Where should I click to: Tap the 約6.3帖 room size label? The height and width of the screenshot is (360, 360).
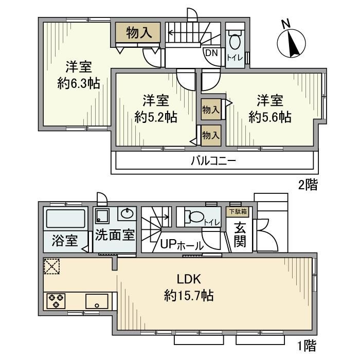(79, 84)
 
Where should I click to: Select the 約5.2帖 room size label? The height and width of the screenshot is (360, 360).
(156, 117)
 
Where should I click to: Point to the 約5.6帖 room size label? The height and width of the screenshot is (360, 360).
(270, 117)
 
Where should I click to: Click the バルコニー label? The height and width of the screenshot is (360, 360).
(213, 160)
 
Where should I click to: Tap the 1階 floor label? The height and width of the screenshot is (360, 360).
(307, 344)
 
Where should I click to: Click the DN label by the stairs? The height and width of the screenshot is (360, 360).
(211, 52)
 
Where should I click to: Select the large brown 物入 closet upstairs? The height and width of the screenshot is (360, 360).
(138, 33)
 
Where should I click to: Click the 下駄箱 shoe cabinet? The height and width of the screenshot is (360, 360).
(237, 211)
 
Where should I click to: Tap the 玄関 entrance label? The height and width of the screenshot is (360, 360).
(240, 235)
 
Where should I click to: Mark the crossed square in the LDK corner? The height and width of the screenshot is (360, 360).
(51, 266)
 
